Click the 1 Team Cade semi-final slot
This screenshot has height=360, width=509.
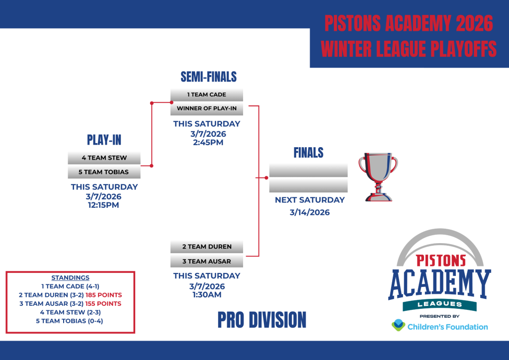207,95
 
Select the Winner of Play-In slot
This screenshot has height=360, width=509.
207,108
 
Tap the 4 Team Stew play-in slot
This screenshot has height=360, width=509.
104,158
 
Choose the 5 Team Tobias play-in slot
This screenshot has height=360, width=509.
104,172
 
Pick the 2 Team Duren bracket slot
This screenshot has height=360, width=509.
207,247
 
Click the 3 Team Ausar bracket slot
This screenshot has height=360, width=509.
207,262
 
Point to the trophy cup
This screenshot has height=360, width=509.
378,177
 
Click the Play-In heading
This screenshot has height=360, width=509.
104,140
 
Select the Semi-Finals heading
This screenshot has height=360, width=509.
209,77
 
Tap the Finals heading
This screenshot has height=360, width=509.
308,153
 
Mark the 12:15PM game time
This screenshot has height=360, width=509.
103,205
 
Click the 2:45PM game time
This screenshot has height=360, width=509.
208,143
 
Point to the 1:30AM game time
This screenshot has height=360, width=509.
207,295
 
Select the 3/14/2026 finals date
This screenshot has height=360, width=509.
310,212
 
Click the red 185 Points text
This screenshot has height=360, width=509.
103,295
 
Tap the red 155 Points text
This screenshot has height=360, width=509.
103,304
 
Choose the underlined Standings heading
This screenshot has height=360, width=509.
71,278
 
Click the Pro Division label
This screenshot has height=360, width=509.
262,320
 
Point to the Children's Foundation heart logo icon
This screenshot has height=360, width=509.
398,325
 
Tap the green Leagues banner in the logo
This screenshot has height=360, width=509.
439,305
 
